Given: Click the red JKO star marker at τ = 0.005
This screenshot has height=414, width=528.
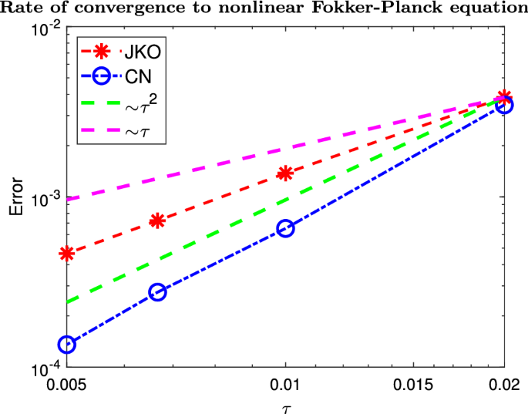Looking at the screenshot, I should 67,254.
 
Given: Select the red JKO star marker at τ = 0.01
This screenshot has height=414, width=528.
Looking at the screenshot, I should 285,173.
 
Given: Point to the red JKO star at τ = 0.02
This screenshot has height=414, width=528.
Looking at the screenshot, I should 504,97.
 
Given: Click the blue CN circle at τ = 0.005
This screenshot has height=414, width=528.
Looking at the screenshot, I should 67,345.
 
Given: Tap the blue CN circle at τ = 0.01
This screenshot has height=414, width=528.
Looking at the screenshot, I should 285,228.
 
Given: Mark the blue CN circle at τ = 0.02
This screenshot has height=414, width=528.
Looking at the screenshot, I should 504,106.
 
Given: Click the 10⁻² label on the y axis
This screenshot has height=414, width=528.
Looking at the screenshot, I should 44,30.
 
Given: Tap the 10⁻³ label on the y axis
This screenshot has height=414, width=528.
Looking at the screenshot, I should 44,198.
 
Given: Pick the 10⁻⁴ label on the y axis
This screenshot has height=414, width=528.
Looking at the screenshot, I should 44,369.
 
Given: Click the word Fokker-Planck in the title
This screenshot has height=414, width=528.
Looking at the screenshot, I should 395,9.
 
